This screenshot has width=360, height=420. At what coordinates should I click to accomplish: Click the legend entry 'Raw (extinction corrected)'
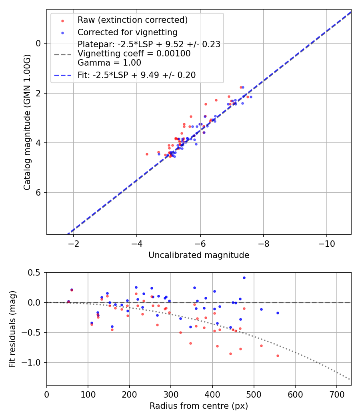(132, 20)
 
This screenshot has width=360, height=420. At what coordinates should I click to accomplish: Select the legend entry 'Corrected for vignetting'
(127, 32)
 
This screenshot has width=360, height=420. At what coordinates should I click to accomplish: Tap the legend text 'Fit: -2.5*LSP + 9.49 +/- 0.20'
(136, 75)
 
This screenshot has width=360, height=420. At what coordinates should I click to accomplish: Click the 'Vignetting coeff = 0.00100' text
(134, 53)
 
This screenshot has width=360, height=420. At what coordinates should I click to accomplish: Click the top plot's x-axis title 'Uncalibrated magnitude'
(199, 255)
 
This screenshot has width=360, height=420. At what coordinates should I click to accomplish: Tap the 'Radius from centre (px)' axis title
(199, 406)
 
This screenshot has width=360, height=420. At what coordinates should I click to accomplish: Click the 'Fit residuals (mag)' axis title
(12, 329)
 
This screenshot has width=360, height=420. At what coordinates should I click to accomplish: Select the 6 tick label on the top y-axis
(38, 193)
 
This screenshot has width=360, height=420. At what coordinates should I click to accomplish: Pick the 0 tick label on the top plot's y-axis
(38, 43)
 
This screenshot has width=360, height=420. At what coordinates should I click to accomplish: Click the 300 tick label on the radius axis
(171, 394)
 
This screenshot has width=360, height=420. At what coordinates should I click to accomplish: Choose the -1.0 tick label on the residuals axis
(33, 362)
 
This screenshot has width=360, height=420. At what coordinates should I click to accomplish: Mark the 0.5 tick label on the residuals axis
(35, 272)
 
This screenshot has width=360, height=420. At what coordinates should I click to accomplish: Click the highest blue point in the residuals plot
(244, 278)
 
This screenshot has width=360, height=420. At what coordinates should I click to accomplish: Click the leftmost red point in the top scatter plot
(147, 154)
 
